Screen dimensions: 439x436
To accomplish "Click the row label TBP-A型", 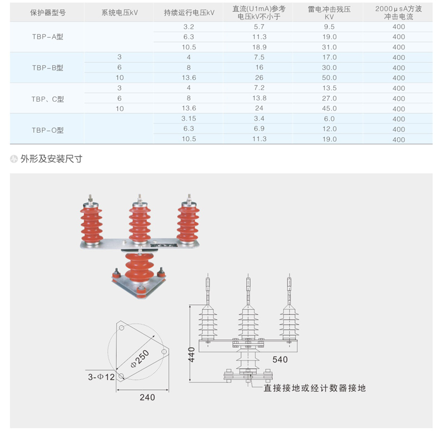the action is (x=48, y=37).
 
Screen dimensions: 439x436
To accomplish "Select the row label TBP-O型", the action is (x=48, y=130).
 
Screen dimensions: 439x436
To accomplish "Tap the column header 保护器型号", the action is (x=48, y=13).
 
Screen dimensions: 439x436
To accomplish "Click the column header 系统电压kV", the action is (x=119, y=13).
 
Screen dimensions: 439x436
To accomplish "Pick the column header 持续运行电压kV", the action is (x=189, y=13).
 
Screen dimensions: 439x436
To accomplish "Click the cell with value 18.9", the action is (x=260, y=47).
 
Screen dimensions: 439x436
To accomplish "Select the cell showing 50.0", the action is (x=329, y=78).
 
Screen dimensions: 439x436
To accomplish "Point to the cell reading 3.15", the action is (x=189, y=118).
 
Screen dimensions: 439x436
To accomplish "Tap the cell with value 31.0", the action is (x=329, y=47).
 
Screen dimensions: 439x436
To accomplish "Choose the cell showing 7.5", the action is (x=260, y=57).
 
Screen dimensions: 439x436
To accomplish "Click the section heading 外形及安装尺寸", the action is (x=51, y=159).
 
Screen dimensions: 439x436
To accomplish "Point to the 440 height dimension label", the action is (x=192, y=354).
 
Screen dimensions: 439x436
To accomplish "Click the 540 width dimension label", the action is (x=280, y=359).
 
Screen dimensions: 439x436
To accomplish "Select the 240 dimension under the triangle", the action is (x=147, y=397).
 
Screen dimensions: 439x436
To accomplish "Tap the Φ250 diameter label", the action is (x=139, y=359).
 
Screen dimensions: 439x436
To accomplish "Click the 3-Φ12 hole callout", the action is (x=101, y=377).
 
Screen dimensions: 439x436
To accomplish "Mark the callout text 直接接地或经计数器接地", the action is (x=315, y=388).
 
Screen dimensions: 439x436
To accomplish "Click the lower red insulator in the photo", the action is (x=139, y=267).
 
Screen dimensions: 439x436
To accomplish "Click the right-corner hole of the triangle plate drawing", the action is (x=164, y=351).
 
